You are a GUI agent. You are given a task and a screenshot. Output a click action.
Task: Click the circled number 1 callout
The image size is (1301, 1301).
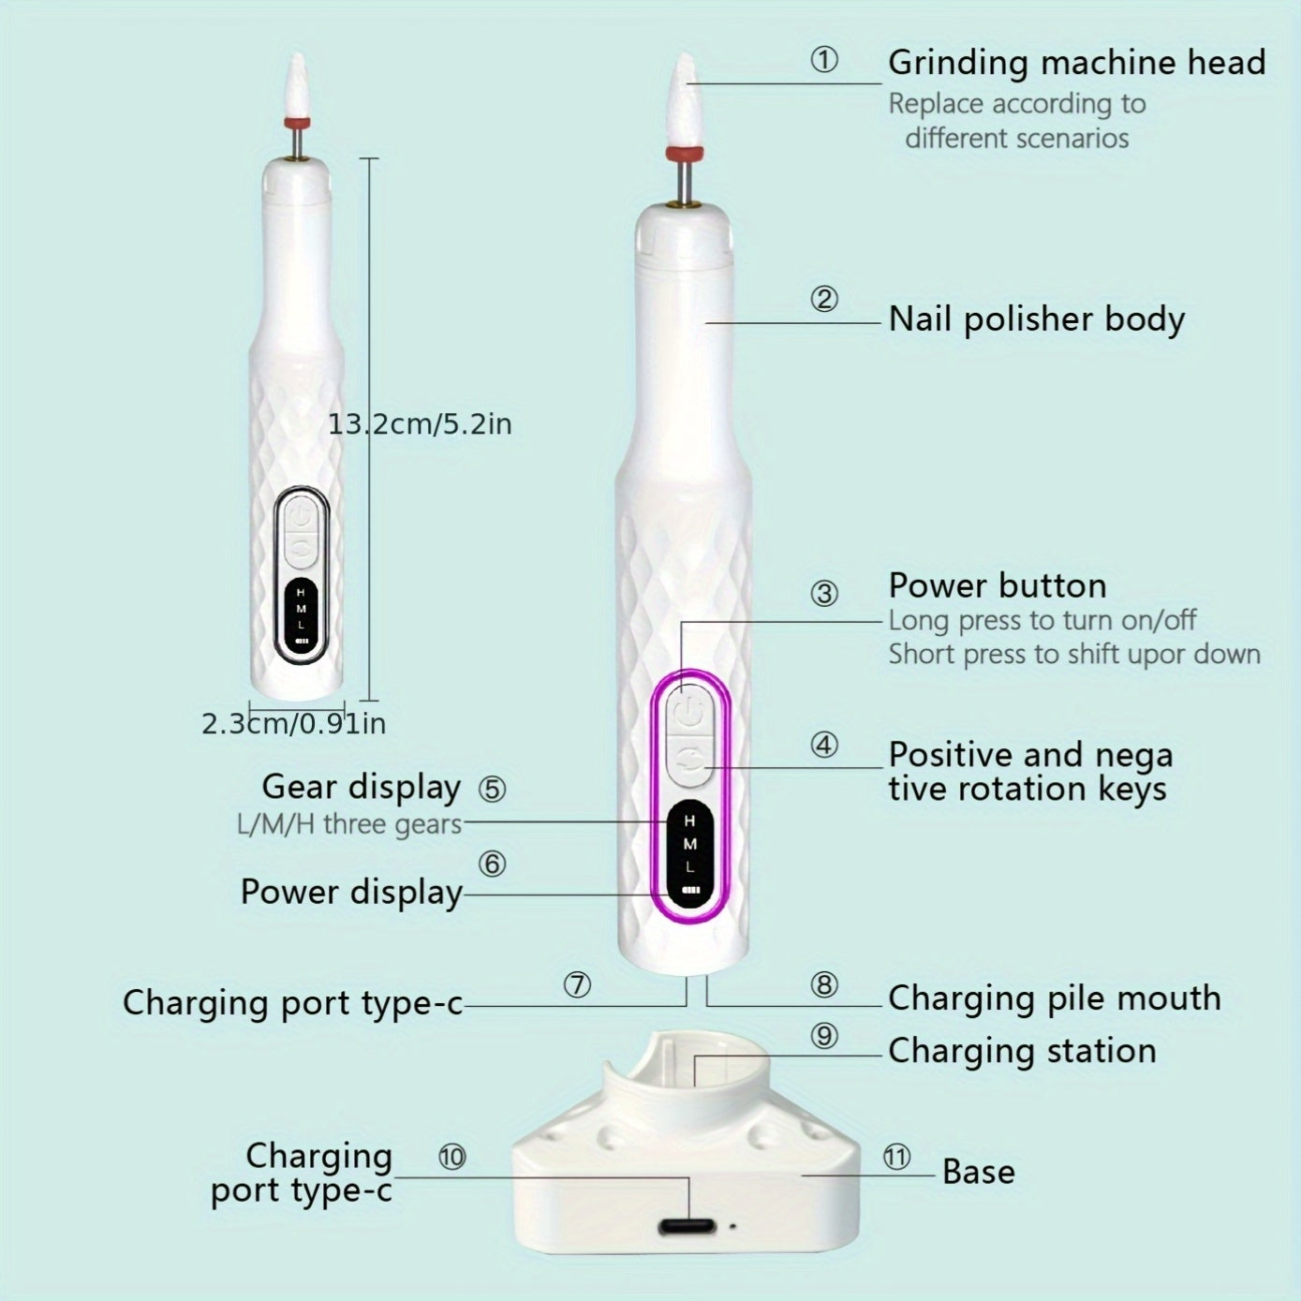pyautogui.click(x=824, y=61)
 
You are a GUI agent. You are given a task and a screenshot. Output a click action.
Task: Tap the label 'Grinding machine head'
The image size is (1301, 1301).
pyautogui.click(x=1076, y=63)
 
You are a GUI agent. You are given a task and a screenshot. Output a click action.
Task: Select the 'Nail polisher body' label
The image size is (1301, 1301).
pyautogui.click(x=1036, y=319)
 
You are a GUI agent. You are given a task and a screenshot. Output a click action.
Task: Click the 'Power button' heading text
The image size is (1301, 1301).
pyautogui.click(x=997, y=586)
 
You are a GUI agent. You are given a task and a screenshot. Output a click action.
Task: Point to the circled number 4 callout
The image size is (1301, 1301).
pyautogui.click(x=824, y=746)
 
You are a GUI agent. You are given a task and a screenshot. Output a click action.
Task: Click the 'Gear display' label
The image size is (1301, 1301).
pyautogui.click(x=361, y=787)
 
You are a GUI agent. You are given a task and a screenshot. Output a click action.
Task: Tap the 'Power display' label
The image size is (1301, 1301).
pyautogui.click(x=351, y=892)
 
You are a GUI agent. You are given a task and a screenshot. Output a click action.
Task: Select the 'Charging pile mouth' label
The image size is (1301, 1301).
pyautogui.click(x=1054, y=998)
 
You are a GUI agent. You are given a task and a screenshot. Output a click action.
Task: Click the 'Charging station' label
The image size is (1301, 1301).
pyautogui.click(x=1022, y=1051)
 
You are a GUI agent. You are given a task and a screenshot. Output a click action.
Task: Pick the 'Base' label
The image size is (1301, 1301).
pyautogui.click(x=978, y=1172)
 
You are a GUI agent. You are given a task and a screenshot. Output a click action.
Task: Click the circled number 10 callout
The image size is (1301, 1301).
pyautogui.click(x=451, y=1158)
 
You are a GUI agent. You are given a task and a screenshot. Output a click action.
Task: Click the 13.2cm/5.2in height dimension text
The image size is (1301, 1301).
pyautogui.click(x=420, y=424)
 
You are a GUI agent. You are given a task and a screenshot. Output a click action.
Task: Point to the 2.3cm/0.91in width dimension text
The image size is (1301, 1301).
pyautogui.click(x=293, y=724)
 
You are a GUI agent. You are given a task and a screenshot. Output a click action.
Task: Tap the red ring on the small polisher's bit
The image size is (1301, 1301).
pyautogui.click(x=296, y=124)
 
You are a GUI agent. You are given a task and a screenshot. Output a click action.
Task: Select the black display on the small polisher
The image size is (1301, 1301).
pyautogui.click(x=301, y=614)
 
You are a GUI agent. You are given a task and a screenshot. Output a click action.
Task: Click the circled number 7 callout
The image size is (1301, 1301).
pyautogui.click(x=577, y=985)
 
